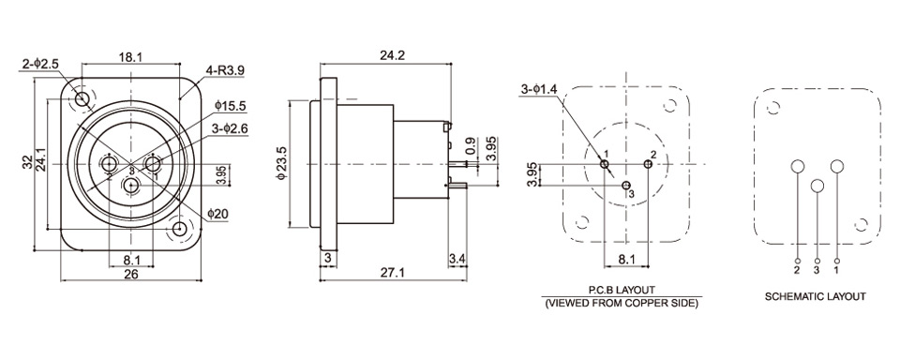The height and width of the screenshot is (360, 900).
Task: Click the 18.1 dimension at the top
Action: click(x=131, y=56)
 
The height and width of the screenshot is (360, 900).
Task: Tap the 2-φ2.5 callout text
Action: click(x=40, y=65)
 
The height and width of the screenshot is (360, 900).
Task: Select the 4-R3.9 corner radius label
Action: click(x=226, y=70)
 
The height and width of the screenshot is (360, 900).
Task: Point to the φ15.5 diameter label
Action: click(x=231, y=106)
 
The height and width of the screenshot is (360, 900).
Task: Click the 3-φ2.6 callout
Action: click(x=230, y=129)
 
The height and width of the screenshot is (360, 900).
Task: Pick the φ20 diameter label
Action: click(x=218, y=214)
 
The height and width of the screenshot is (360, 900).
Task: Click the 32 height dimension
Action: click(x=28, y=164)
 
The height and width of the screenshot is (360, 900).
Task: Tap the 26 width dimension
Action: click(x=131, y=275)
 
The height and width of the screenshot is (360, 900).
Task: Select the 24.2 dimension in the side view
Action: click(x=393, y=55)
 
